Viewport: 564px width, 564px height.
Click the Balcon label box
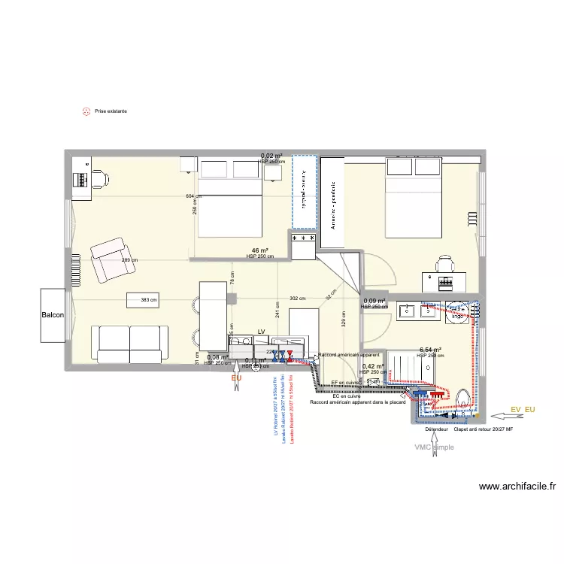point(53,315)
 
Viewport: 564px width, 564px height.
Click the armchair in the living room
point(109,259)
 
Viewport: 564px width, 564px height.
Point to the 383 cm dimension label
point(149,300)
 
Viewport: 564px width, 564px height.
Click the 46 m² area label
point(259,250)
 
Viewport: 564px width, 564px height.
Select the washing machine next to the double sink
point(456,313)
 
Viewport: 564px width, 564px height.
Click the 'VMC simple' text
point(435,447)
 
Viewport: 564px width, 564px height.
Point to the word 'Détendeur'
point(436,429)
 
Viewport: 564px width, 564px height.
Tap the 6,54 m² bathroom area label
point(429,350)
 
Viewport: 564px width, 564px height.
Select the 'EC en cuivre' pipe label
point(347,396)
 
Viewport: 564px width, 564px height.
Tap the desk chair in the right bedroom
point(446,264)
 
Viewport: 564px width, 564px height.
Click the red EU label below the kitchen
point(237,378)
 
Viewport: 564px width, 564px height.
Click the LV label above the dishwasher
point(262,331)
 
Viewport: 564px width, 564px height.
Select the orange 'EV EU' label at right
point(522,409)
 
